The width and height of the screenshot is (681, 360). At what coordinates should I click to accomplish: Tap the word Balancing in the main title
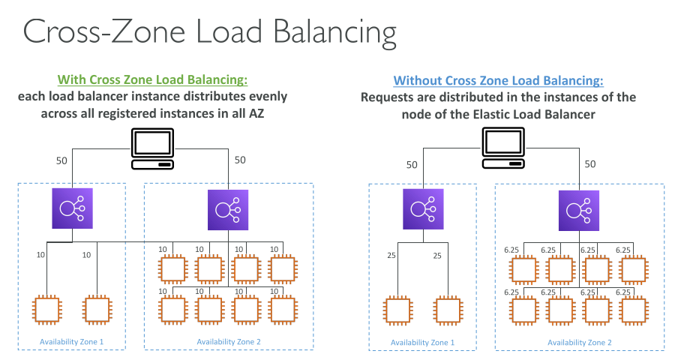334,34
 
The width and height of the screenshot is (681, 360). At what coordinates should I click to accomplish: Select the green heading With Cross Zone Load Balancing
152,80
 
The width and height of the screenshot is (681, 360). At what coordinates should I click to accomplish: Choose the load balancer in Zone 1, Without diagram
423,209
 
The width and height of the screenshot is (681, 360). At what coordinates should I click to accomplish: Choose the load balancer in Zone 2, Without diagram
579,209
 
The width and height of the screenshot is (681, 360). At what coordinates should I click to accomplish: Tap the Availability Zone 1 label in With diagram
71,342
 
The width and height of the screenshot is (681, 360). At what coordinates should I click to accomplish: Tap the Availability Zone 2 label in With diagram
228,342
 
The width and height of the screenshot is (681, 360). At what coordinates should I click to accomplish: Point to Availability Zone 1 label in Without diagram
422,342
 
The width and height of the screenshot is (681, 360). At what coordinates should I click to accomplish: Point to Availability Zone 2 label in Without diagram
579,342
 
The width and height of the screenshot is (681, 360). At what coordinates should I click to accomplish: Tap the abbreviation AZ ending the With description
278,114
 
